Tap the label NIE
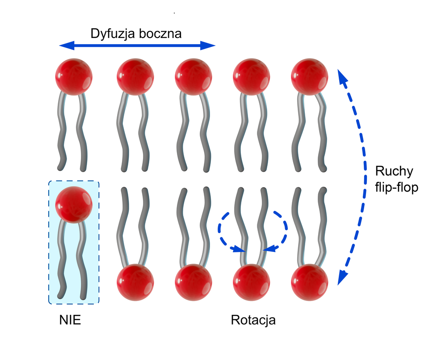pos(70,320)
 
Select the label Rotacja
pos(253,320)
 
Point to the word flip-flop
pos(396,188)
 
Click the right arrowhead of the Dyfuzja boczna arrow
pos(208,45)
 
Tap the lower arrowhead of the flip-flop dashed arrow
pos(342,277)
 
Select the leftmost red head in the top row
pos(74,76)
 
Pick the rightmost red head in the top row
pos(309,76)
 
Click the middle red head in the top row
pos(193,76)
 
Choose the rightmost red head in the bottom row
pos(309,282)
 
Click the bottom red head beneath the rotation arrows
pos(252,282)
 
